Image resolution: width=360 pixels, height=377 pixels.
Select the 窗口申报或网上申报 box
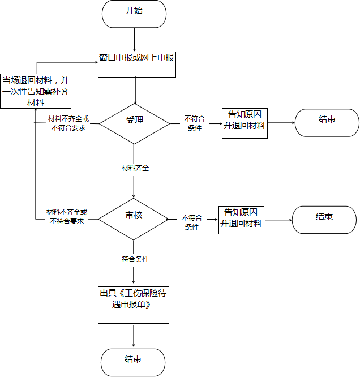[137, 65]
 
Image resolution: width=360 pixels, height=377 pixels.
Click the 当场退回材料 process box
[36, 91]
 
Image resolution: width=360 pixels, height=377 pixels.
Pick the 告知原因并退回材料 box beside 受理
[245, 123]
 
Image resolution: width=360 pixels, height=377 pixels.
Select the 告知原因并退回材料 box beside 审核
[241, 220]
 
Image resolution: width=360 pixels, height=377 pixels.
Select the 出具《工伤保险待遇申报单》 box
[134, 305]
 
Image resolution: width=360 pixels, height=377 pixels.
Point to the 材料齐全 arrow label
[135, 168]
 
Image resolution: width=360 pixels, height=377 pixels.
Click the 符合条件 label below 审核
[135, 259]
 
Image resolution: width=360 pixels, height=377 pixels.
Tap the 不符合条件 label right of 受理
[195, 123]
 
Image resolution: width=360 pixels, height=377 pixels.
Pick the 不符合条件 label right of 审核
[192, 222]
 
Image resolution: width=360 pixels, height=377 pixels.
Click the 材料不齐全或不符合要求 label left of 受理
[68, 123]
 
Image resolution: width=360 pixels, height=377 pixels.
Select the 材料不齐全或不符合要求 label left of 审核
[67, 216]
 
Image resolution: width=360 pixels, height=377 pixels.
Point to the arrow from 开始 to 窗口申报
[134, 40]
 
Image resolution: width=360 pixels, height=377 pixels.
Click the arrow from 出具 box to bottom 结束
[134, 336]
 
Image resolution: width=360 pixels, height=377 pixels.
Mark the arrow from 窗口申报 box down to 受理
[135, 91]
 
